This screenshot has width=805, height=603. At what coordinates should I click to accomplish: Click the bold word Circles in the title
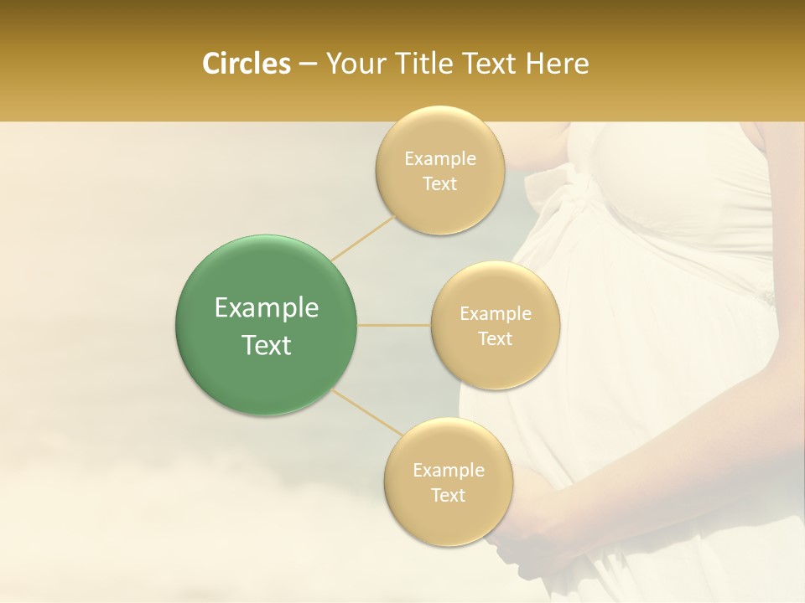click(246, 64)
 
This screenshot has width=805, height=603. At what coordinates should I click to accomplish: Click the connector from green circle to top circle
click(362, 237)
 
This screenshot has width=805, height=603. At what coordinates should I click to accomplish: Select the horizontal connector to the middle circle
click(394, 325)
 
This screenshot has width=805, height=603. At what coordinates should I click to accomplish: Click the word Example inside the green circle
click(266, 308)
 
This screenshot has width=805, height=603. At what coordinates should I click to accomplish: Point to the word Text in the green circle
click(266, 345)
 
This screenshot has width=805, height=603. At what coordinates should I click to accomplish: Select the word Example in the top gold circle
click(439, 158)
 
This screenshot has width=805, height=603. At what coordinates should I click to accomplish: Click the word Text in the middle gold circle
click(495, 338)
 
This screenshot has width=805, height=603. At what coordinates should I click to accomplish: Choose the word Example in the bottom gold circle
click(448, 470)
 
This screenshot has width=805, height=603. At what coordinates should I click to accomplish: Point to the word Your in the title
click(351, 64)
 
